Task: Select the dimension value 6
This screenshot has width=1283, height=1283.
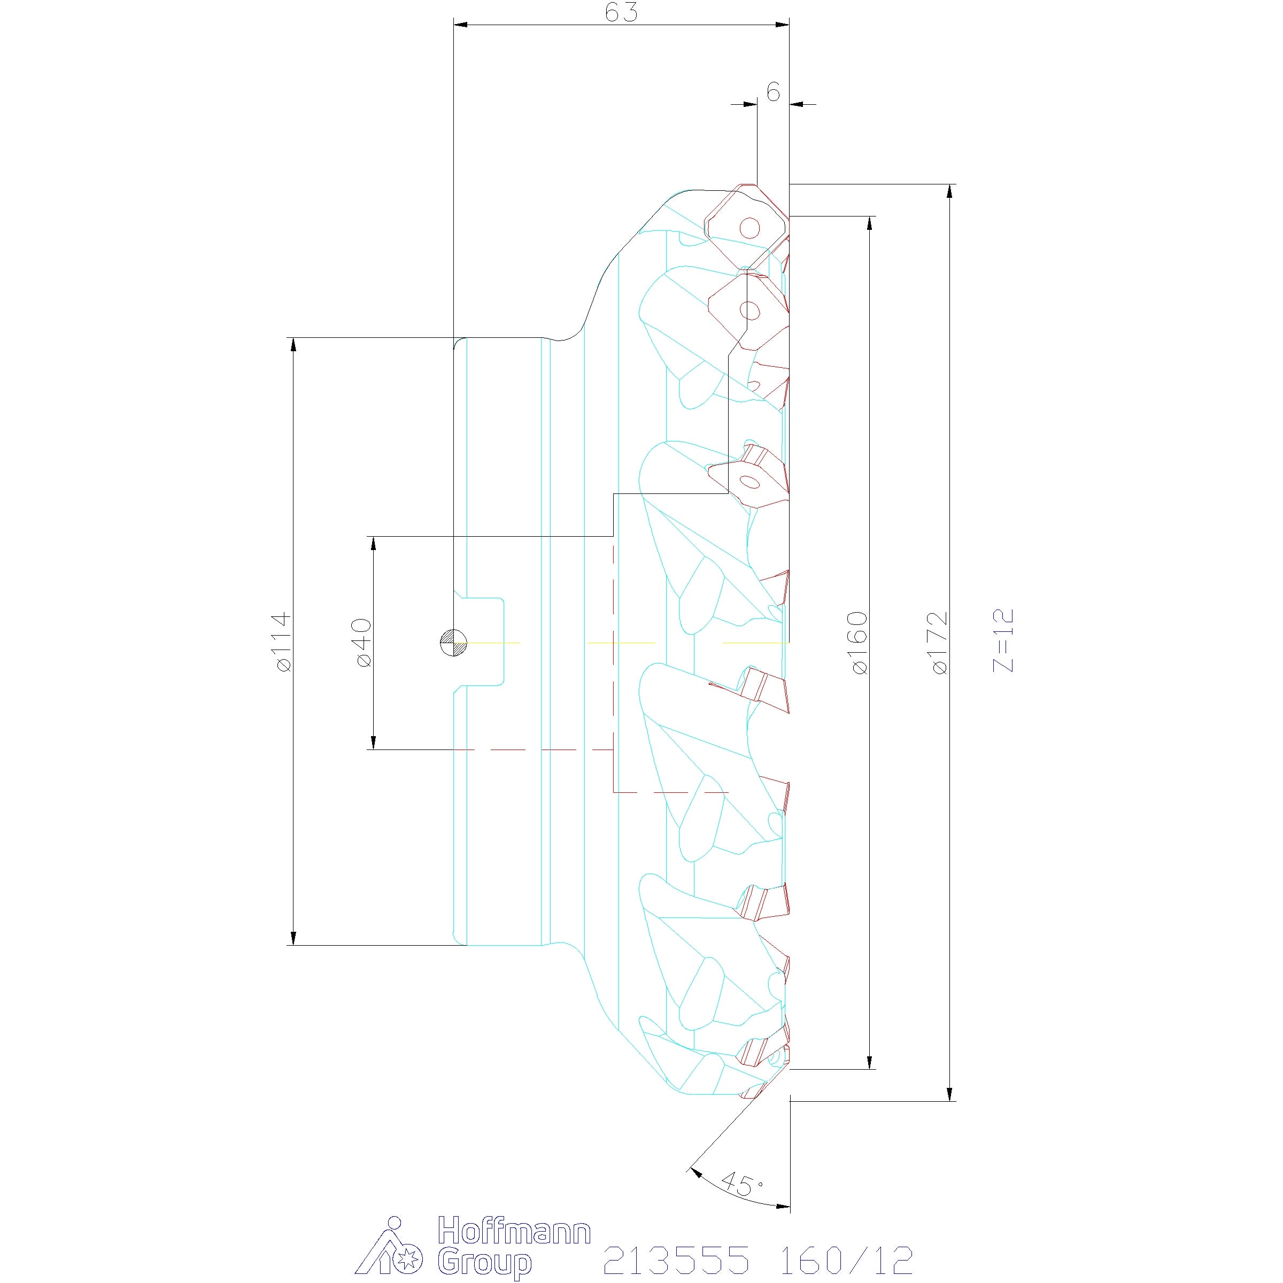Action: tap(773, 93)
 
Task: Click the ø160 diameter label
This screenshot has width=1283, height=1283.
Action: tap(858, 643)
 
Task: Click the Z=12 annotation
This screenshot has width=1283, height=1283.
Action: tap(1003, 640)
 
